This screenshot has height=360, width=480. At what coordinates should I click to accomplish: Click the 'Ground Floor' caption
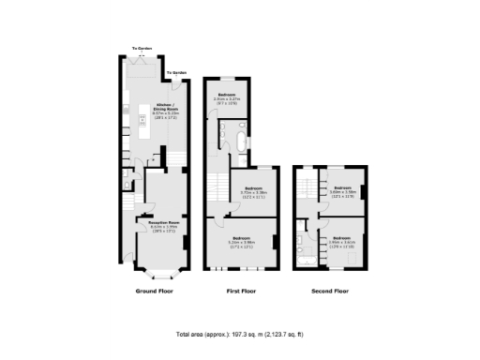tap(155, 292)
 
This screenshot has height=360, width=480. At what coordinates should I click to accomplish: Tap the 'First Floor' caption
tap(242, 292)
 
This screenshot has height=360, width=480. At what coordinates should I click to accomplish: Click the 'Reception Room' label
tap(160, 225)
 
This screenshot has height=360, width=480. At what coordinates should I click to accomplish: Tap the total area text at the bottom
tap(239, 335)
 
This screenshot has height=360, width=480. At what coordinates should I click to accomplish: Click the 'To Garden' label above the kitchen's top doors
tap(142, 47)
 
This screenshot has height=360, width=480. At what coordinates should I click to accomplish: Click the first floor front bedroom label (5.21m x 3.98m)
tap(247, 241)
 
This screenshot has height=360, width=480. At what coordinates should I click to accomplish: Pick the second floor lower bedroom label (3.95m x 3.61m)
tap(342, 241)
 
